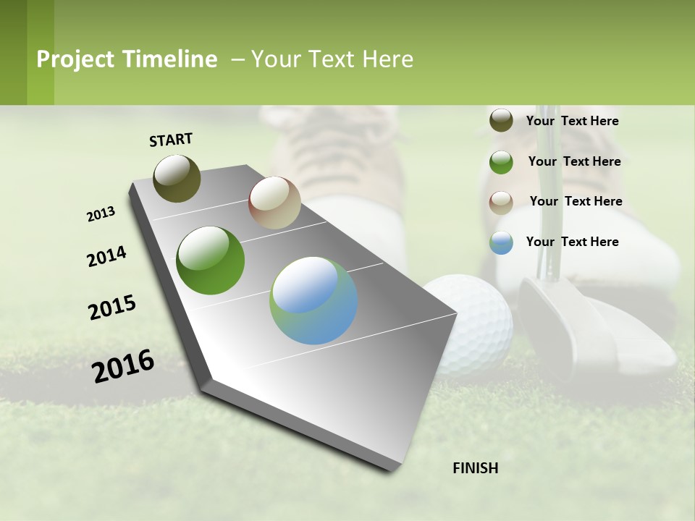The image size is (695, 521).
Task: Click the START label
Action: click(x=171, y=140)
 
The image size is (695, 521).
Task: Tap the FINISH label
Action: click(x=475, y=468)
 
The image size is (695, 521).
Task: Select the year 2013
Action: click(x=101, y=214)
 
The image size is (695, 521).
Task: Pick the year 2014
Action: click(x=106, y=256)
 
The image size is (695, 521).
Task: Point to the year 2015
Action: click(x=112, y=308)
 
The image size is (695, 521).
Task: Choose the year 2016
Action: click(x=123, y=366)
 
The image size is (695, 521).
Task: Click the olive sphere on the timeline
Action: click(x=177, y=178)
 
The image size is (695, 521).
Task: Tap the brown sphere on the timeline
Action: click(x=274, y=202)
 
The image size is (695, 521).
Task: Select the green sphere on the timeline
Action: click(x=210, y=260)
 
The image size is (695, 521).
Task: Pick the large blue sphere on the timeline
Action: click(x=313, y=300)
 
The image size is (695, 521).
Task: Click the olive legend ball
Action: click(x=501, y=120)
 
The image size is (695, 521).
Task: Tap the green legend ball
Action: click(x=501, y=161)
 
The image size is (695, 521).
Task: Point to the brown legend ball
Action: click(x=501, y=202)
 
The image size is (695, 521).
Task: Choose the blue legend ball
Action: click(x=501, y=242)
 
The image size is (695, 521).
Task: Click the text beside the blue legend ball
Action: click(x=572, y=242)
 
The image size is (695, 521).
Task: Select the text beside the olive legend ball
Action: click(x=572, y=121)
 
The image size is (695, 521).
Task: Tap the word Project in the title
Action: click(x=75, y=59)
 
